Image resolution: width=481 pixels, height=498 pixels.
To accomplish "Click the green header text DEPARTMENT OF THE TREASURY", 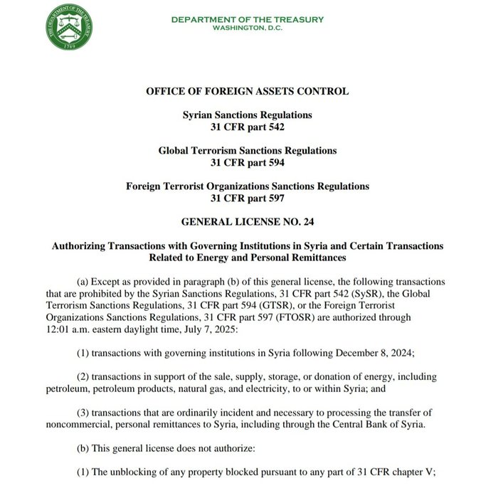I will pyautogui.click(x=247, y=19).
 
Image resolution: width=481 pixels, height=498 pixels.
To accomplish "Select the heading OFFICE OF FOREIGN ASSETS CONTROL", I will pyautogui.click(x=247, y=91).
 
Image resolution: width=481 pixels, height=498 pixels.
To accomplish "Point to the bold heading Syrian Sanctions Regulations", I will pyautogui.click(x=247, y=115).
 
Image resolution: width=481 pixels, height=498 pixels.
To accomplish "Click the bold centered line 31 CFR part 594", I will pyautogui.click(x=247, y=162).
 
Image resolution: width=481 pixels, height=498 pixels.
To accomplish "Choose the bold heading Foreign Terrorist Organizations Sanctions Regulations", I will pyautogui.click(x=247, y=186).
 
